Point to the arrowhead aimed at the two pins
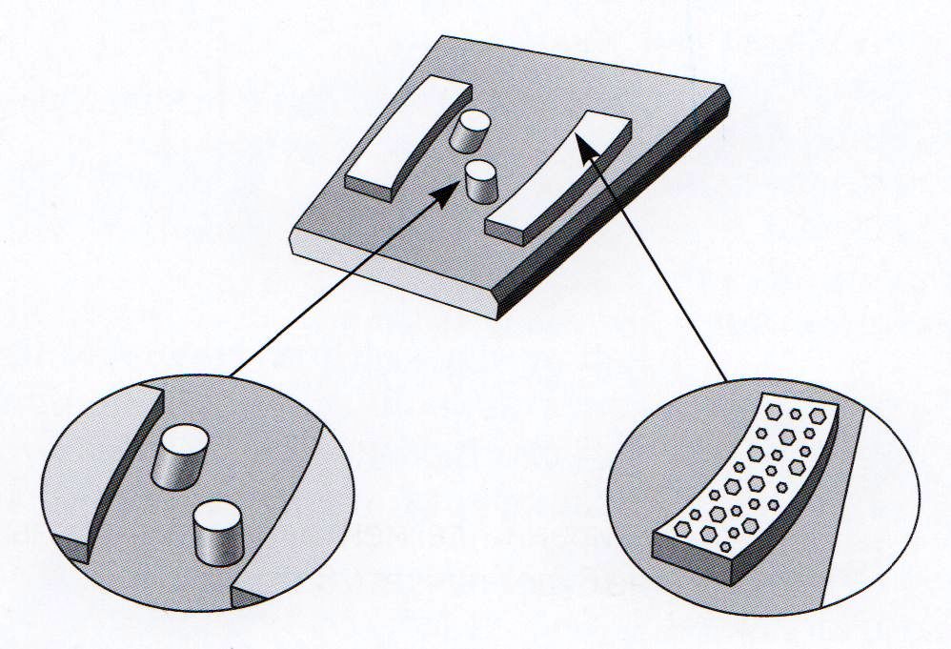(441, 196)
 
